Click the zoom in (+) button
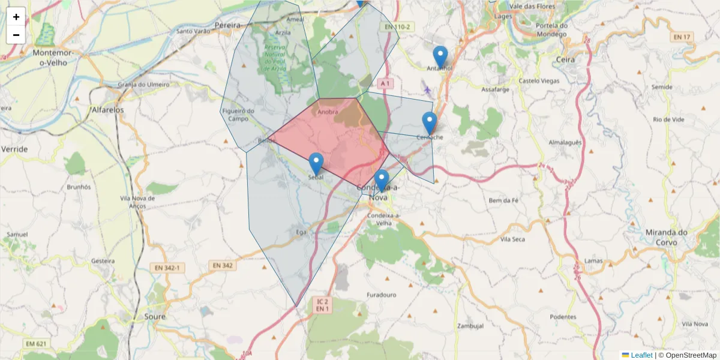[x=16, y=17]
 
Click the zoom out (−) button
[x=16, y=35]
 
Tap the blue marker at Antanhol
[x=440, y=58]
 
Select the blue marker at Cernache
[x=429, y=124]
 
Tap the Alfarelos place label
[x=107, y=110]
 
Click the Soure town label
[x=155, y=316]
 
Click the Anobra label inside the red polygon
[x=328, y=112]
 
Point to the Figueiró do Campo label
[x=238, y=115]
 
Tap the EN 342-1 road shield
[x=167, y=268]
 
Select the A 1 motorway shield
[x=385, y=83]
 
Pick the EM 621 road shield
[x=35, y=344]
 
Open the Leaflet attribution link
[x=641, y=355]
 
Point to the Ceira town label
[x=565, y=59]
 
